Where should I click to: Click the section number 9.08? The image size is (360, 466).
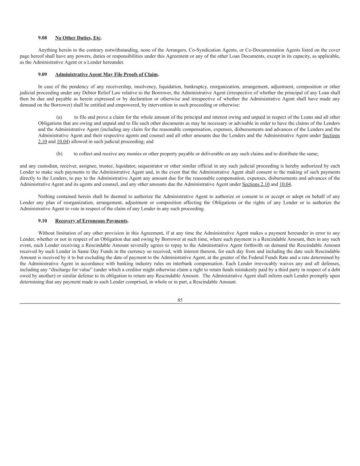(x=42, y=38)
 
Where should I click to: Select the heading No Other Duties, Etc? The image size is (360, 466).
(x=78, y=38)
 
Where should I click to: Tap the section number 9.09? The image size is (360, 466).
(x=42, y=74)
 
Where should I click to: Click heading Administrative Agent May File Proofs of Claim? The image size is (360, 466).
(x=106, y=74)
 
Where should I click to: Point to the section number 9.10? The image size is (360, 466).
(x=42, y=221)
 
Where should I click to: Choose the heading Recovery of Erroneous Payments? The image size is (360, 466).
(x=91, y=221)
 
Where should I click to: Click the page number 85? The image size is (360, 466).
(x=180, y=300)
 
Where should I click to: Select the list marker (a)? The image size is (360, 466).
(x=59, y=117)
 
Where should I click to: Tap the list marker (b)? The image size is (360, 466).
(x=59, y=154)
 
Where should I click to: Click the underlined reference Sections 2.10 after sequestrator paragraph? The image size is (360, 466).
(x=256, y=184)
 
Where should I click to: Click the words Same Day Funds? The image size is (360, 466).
(x=87, y=251)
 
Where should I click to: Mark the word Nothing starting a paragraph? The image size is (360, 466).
(x=46, y=196)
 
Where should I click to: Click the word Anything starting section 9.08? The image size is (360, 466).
(x=47, y=50)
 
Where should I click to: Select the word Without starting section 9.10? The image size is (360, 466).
(x=47, y=233)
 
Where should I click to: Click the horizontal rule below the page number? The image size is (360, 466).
(x=180, y=303)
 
